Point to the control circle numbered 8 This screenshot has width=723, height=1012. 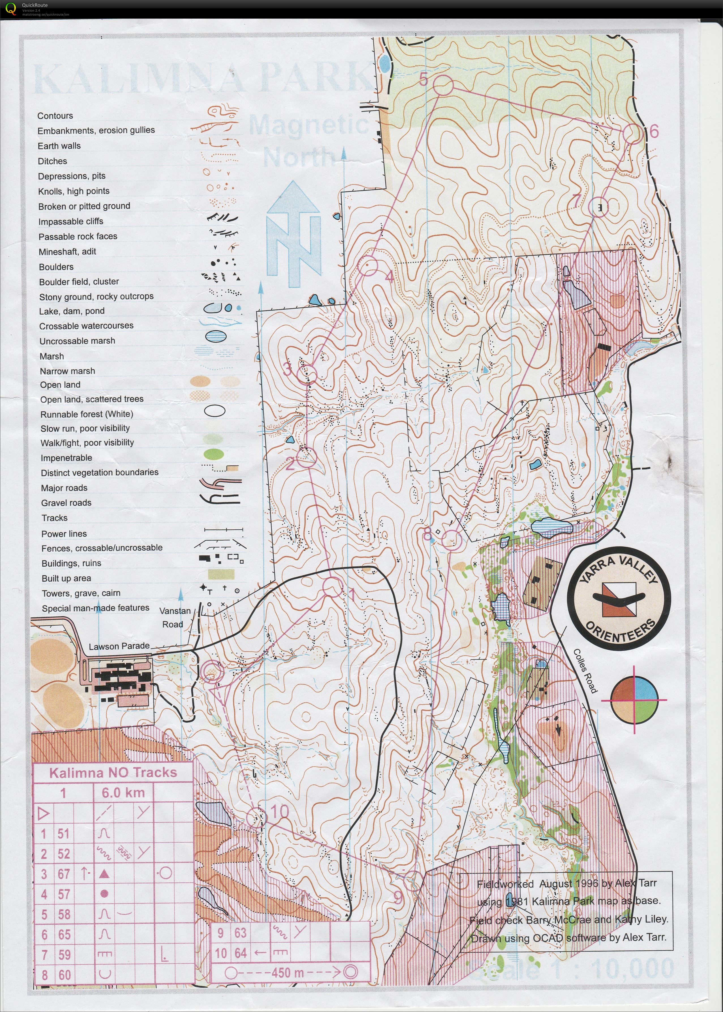pos(452,540)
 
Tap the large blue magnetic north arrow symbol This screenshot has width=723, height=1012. pos(294,234)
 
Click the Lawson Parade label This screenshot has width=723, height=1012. pos(119,646)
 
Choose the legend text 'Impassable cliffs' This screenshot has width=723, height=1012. pos(71,221)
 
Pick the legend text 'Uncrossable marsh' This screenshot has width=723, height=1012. pos(77,341)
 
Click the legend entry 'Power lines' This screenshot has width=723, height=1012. pos(64,533)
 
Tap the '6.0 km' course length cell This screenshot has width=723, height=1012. pos(123,793)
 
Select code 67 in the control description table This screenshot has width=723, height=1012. pos(64,874)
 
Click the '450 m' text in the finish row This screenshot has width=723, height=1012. pos(287,972)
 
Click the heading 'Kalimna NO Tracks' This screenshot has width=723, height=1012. pos(113,773)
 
